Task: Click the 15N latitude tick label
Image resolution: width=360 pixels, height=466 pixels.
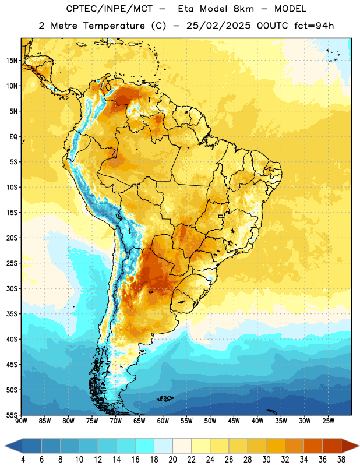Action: point(12,61)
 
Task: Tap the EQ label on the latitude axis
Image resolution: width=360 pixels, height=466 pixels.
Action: point(13,137)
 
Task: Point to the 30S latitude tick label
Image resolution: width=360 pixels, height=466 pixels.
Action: point(12,288)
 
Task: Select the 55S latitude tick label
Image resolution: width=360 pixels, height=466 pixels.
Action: point(12,415)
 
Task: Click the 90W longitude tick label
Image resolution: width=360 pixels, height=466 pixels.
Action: point(21,421)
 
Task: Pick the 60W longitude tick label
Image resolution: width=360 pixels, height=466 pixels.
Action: point(163,421)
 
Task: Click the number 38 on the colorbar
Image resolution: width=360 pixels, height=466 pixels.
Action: point(341,460)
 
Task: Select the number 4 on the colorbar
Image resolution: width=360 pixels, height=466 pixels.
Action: point(23,460)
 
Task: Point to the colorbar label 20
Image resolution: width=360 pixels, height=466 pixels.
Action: point(172,460)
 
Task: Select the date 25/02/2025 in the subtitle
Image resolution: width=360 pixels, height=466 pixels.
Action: point(218,26)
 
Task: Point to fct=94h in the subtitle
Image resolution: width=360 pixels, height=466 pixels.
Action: point(314,26)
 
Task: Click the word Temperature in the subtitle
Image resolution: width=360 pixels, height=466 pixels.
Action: point(114,26)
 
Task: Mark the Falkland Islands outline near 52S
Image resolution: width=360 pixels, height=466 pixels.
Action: point(165,398)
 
